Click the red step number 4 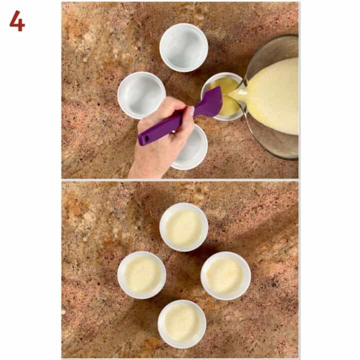(x=17, y=20)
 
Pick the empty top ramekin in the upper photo (x=183, y=47)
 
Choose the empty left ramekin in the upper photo (x=141, y=94)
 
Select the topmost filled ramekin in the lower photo (x=183, y=227)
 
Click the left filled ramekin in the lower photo (x=141, y=274)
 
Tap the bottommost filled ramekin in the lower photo (x=182, y=323)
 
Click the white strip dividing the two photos (x=180, y=180)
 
